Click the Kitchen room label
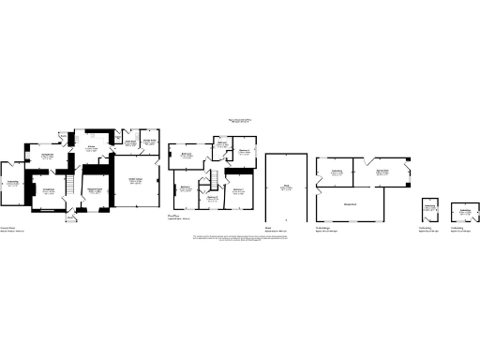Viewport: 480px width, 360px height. click(x=94, y=149)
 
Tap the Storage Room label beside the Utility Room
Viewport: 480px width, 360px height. click(x=148, y=142)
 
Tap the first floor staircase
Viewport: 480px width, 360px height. click(x=212, y=179)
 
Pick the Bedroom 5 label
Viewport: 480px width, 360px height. click(x=212, y=198)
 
